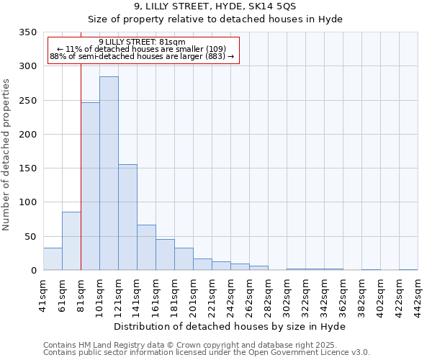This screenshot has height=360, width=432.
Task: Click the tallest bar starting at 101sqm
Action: (x=109, y=173)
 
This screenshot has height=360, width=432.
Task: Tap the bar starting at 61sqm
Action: (x=71, y=240)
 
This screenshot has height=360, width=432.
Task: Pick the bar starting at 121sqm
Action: (x=127, y=217)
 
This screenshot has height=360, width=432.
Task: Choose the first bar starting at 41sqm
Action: (x=53, y=258)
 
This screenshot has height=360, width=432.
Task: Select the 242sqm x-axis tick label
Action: (x=230, y=292)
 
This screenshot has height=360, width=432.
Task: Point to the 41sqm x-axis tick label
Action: (x=43, y=292)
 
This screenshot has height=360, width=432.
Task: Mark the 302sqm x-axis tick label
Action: (x=287, y=292)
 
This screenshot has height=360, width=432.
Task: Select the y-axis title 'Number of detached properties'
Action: (x=7, y=156)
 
